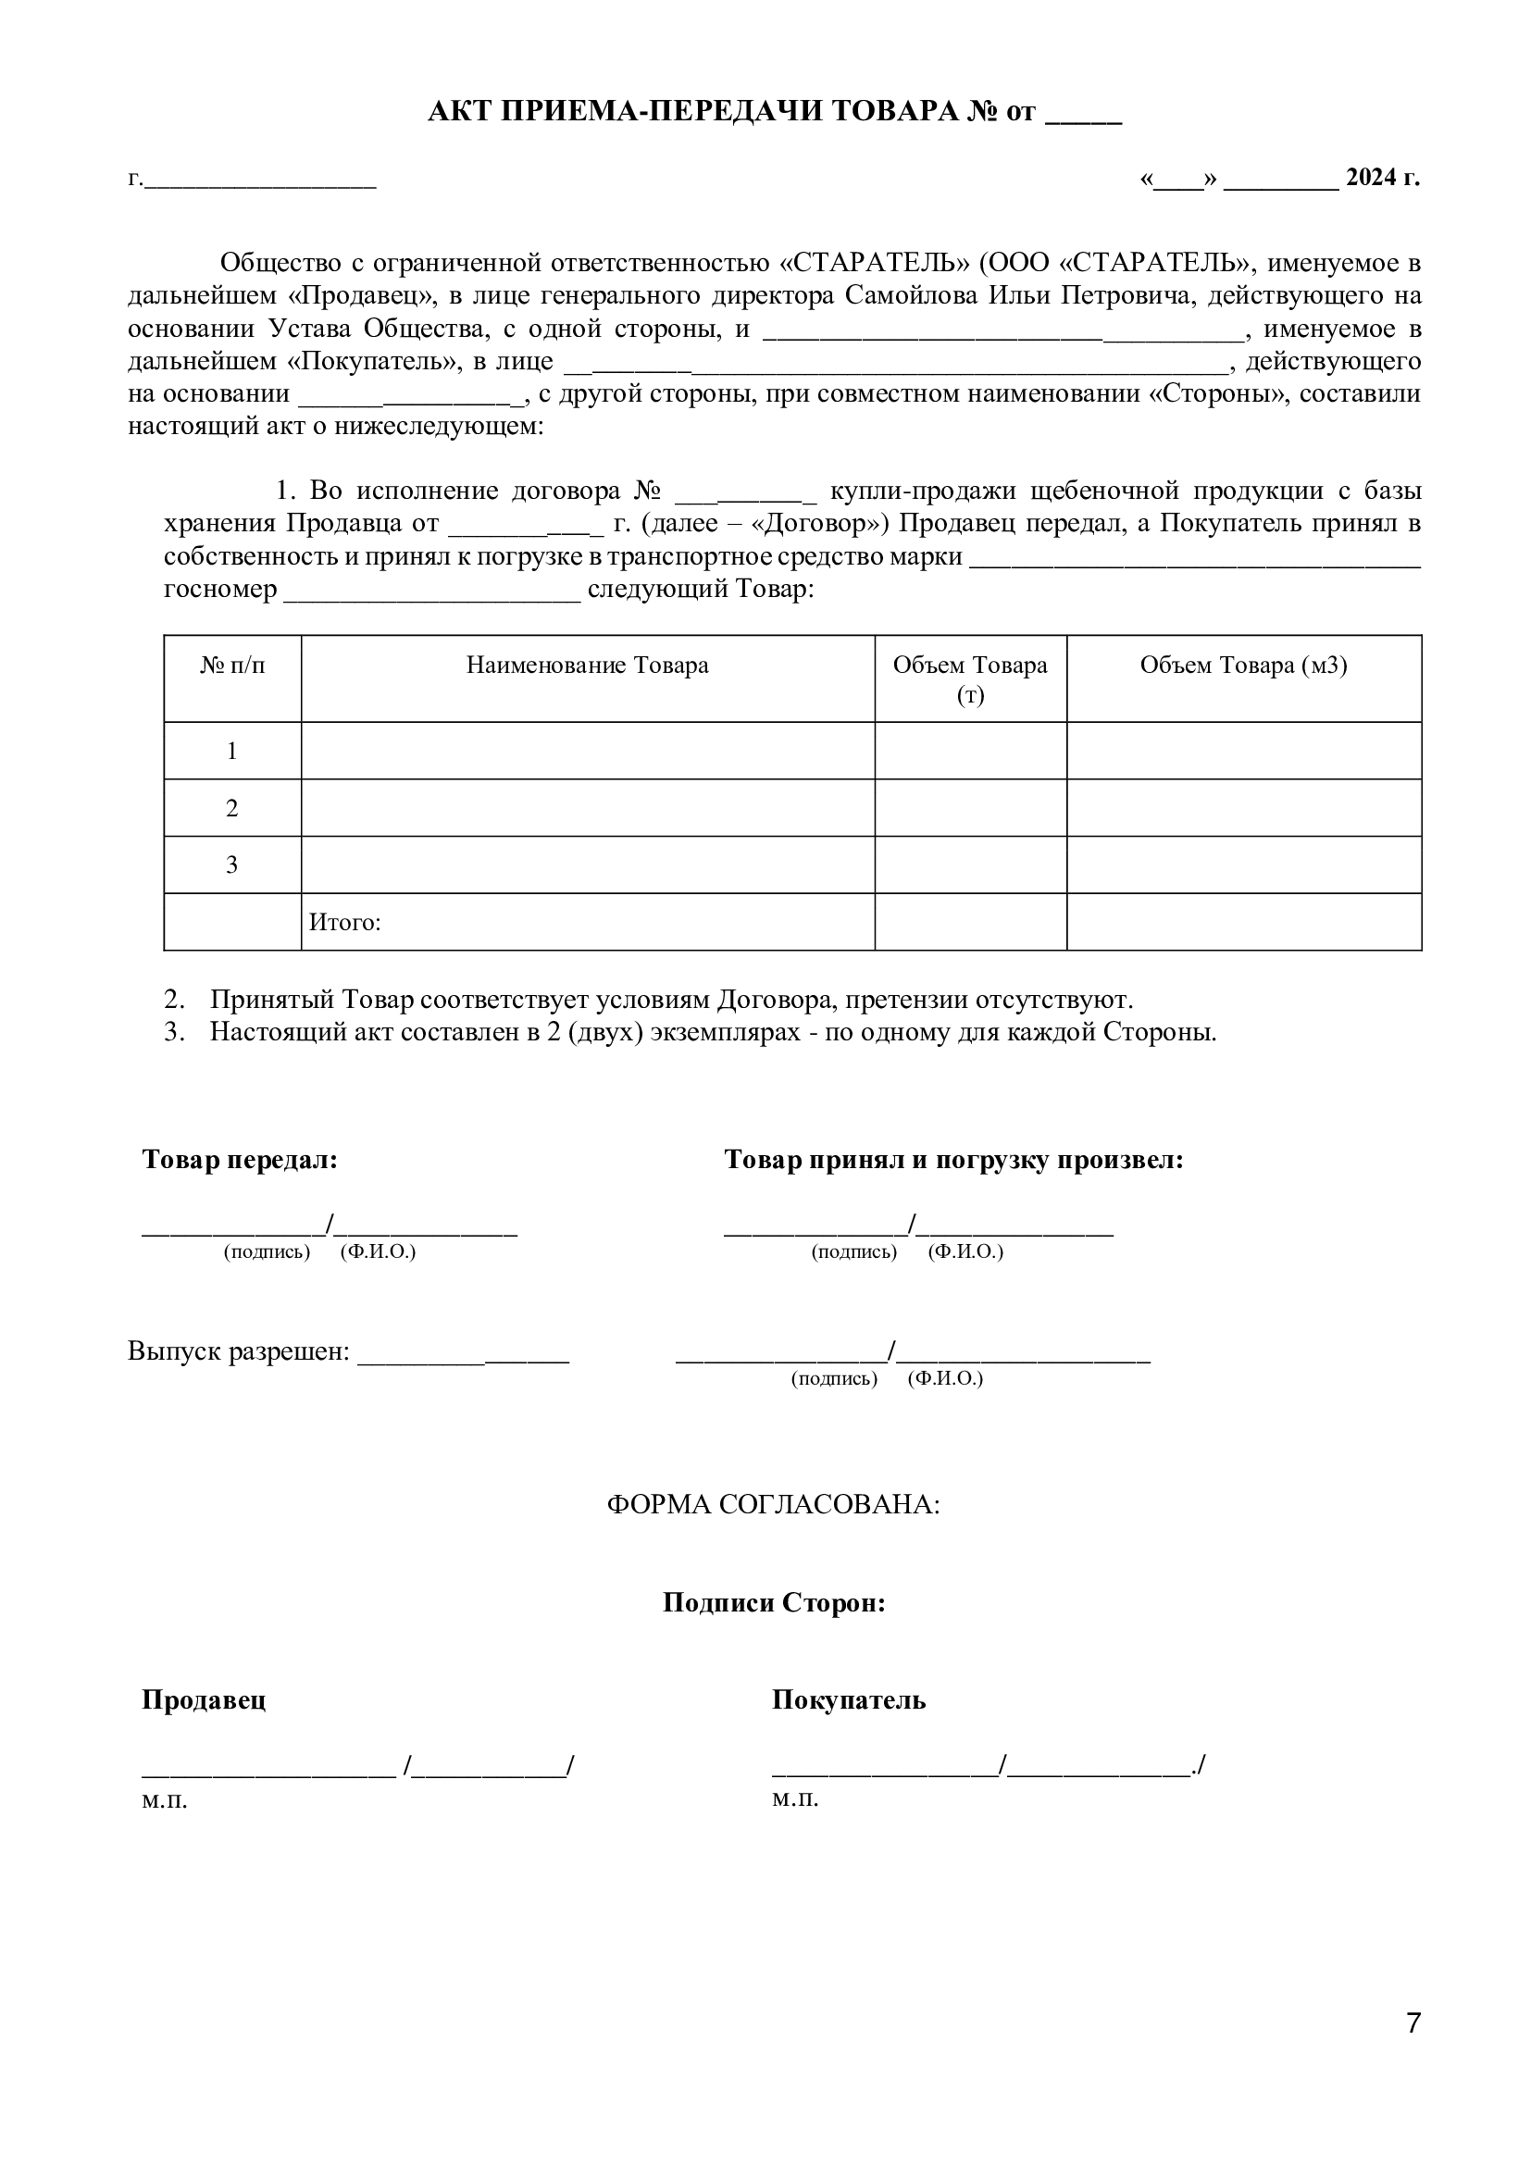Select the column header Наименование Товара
[x=588, y=666]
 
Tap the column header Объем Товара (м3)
[x=1243, y=666]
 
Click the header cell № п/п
[x=232, y=666]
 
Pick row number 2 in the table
[x=232, y=808]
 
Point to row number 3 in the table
[x=232, y=865]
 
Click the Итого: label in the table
[x=345, y=922]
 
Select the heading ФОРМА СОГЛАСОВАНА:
[x=773, y=1504]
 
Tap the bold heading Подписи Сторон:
[x=774, y=1603]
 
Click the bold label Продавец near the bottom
[x=204, y=1700]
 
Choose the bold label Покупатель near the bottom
[x=849, y=1700]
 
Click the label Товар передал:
[x=240, y=1160]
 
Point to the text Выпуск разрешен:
[x=239, y=1351]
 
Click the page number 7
[x=1413, y=2049]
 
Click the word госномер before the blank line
[x=220, y=590]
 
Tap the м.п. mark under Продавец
[x=165, y=1801]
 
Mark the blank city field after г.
[x=260, y=180]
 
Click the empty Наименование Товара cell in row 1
[x=588, y=751]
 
